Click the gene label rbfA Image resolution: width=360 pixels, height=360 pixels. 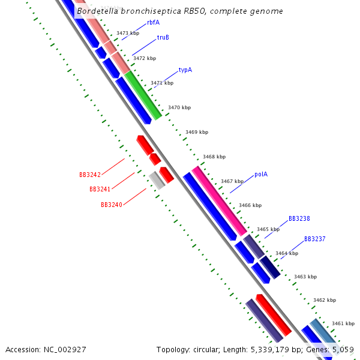(153, 22)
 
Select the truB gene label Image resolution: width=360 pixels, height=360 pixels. (163, 37)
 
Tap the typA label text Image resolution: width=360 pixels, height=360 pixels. (185, 70)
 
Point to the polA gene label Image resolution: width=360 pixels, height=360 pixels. (260, 175)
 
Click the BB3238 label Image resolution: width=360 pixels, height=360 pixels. (299, 219)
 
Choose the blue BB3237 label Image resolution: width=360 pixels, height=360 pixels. (314, 239)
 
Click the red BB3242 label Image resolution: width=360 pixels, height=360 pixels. (90, 175)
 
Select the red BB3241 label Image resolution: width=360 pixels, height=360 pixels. (100, 190)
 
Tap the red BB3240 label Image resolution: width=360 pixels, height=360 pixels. (111, 205)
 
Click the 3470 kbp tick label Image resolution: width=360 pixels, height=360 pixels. (179, 107)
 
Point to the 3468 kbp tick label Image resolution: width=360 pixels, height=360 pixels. (214, 157)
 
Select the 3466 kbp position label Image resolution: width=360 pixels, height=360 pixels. (250, 205)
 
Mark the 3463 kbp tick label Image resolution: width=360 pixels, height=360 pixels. (305, 277)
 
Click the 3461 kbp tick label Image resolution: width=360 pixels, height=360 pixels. (343, 323)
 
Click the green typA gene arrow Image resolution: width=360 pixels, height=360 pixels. (143, 95)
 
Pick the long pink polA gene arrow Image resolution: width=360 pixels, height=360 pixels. (219, 201)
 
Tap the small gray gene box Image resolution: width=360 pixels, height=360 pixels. (157, 180)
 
